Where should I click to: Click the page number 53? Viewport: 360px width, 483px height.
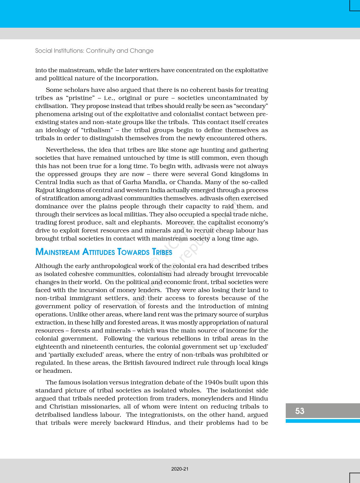click(x=300, y=411)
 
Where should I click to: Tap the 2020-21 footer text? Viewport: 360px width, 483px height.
click(x=180, y=469)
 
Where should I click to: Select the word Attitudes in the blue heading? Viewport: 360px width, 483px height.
click(x=98, y=252)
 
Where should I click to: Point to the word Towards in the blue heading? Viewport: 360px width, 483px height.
click(x=133, y=252)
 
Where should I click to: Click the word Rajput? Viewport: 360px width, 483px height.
click(x=45, y=190)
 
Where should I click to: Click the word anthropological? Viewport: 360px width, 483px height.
click(x=110, y=266)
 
